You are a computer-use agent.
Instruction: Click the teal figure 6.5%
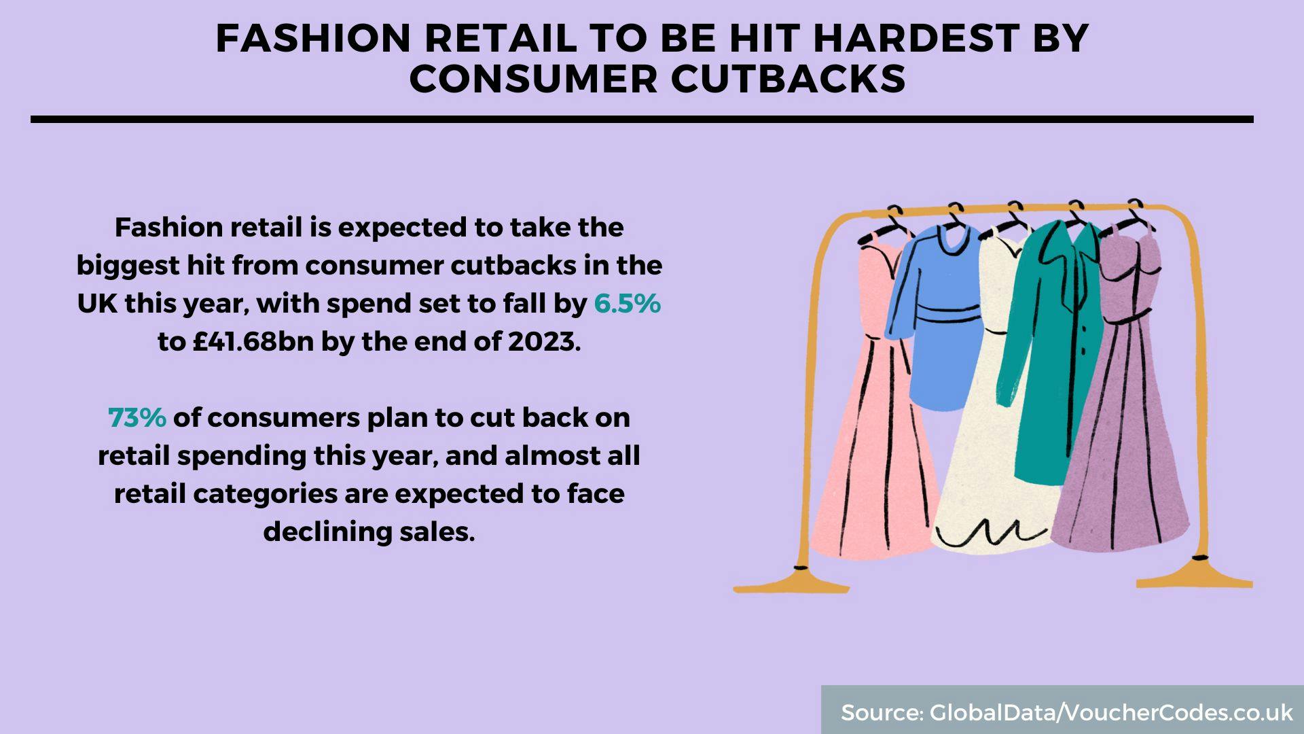pos(627,304)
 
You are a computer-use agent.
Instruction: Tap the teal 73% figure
pos(137,418)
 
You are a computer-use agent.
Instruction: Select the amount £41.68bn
pos(253,342)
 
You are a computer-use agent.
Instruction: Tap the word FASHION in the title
pos(313,38)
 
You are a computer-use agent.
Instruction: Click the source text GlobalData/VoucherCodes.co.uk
pos(1111,712)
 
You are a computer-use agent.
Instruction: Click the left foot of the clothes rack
pos(791,581)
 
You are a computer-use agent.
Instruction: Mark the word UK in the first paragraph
pos(97,304)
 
